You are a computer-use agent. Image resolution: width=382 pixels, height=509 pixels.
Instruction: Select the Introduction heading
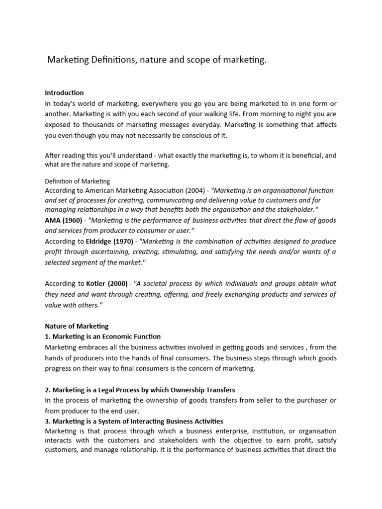(x=64, y=92)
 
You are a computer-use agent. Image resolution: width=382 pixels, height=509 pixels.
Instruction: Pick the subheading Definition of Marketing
(x=78, y=181)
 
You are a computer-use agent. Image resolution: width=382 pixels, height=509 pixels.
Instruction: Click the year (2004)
(x=191, y=190)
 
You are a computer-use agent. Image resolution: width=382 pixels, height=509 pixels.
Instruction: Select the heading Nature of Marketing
(x=77, y=326)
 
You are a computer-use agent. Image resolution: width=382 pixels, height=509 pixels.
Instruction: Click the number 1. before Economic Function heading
(x=47, y=337)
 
